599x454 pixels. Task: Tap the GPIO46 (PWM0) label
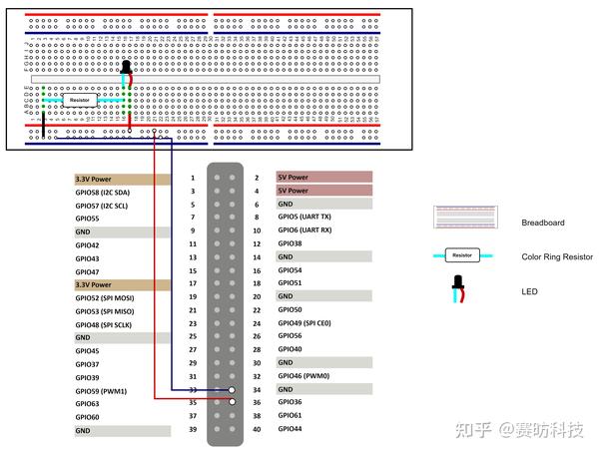[x=303, y=376]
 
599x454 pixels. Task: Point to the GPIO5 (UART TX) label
[x=304, y=217]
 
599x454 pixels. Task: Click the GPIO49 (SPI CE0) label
[x=304, y=323]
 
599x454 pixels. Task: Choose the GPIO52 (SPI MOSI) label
[x=104, y=298]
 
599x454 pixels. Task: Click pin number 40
[x=257, y=430]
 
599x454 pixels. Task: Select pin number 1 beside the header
[x=192, y=179]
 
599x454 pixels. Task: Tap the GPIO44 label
[x=290, y=429]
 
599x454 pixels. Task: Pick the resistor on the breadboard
[x=79, y=100]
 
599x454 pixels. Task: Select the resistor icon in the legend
[x=462, y=255]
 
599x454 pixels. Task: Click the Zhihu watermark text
[x=519, y=430]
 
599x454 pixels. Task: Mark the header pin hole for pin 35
[x=232, y=403]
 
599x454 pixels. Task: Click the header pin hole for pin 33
[x=232, y=390]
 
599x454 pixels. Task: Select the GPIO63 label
[x=88, y=404]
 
